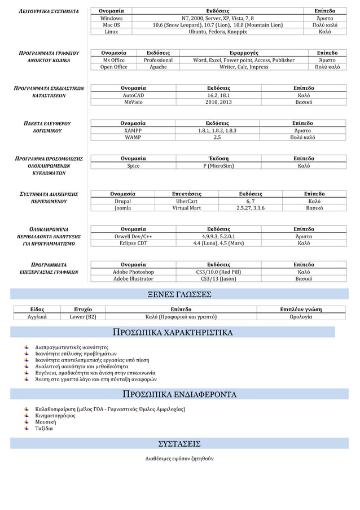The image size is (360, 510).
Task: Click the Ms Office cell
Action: (114, 60)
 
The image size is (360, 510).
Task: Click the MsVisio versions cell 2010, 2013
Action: (218, 102)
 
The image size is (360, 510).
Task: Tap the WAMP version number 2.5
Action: (217, 137)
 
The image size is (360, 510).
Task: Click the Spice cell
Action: (133, 166)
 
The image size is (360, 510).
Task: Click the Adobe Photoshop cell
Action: (133, 272)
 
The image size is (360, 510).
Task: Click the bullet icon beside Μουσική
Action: (27, 421)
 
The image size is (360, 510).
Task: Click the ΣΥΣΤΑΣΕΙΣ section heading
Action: (179, 443)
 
